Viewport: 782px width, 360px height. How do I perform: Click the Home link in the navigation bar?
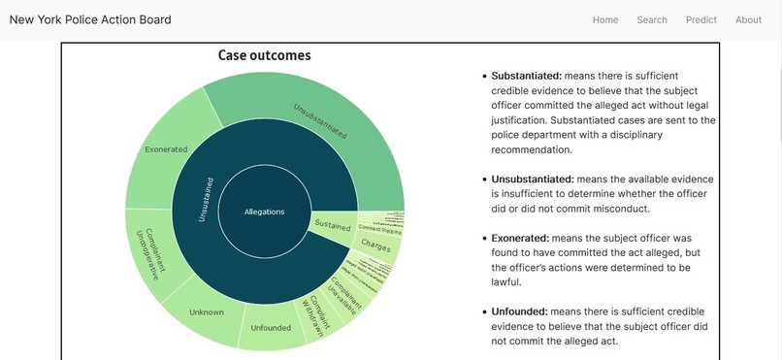click(605, 20)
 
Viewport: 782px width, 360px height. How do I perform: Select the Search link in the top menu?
click(652, 20)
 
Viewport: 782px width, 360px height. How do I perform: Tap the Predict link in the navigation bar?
click(701, 20)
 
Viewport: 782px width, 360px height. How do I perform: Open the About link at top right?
click(748, 20)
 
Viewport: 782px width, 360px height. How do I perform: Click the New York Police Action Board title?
click(90, 20)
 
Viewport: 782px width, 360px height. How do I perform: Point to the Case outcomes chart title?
click(264, 56)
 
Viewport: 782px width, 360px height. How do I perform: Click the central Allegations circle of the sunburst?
click(264, 212)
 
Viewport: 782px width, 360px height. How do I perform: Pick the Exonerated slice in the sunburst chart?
click(167, 150)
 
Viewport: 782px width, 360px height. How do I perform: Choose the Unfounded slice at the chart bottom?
click(271, 327)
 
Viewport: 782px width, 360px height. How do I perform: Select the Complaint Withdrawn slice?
click(316, 313)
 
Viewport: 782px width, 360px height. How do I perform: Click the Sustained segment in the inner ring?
click(333, 225)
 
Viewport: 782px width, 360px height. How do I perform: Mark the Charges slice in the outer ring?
click(375, 244)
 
